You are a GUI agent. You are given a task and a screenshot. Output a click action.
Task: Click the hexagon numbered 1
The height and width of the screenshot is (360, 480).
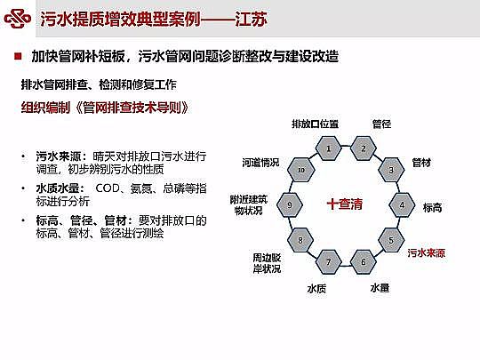(x=328, y=148)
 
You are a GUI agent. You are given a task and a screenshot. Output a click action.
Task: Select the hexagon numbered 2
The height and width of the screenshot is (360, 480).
(x=363, y=148)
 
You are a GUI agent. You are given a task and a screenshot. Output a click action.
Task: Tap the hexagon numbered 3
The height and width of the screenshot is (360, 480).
(x=390, y=169)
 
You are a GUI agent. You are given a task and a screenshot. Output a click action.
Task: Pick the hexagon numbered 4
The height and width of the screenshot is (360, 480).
(x=402, y=204)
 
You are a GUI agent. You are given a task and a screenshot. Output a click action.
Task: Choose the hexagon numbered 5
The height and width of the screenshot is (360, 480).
(x=390, y=239)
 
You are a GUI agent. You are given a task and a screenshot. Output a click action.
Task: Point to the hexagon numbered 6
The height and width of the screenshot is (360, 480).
(x=362, y=261)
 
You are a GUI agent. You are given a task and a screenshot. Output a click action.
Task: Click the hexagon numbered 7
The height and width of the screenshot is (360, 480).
(x=328, y=261)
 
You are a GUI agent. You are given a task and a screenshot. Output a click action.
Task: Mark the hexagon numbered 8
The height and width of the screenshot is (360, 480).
(x=301, y=240)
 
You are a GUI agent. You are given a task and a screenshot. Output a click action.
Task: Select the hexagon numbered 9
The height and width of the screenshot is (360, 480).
(x=290, y=204)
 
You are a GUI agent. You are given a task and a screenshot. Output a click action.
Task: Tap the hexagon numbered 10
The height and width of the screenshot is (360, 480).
(x=301, y=169)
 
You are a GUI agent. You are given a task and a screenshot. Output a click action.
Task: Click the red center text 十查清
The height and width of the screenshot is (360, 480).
(x=345, y=204)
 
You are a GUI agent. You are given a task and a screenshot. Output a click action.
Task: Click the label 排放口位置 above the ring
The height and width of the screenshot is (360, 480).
(x=315, y=123)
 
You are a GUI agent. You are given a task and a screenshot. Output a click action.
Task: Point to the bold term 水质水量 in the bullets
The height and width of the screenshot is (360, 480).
(x=53, y=188)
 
